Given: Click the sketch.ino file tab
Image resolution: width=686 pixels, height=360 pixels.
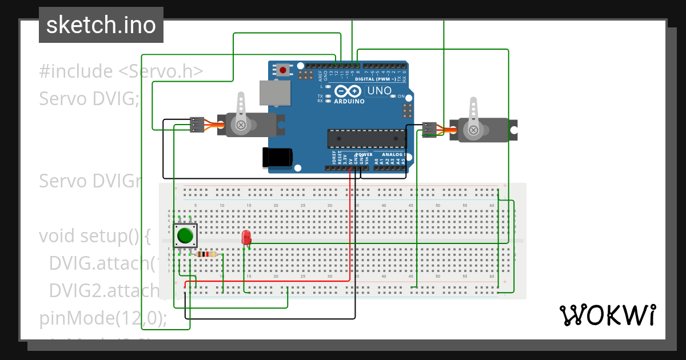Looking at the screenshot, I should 101,25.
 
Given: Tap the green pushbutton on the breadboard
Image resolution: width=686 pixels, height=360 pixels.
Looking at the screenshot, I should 185,235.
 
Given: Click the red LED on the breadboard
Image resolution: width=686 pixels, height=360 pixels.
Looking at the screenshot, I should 246,237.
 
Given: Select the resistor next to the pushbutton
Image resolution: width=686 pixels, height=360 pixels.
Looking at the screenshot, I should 206,254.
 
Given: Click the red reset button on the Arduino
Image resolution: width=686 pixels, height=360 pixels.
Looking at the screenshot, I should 283,70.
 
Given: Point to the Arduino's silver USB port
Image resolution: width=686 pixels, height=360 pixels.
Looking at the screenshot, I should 275,93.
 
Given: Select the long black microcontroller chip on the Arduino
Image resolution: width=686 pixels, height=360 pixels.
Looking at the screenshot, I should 366,139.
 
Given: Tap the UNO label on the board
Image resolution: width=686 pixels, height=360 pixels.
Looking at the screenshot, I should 379,91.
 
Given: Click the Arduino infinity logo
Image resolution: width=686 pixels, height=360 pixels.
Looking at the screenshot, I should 348,91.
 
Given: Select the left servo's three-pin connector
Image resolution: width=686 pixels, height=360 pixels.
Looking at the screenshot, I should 197,125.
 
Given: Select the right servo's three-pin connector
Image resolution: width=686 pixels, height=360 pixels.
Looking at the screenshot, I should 429,130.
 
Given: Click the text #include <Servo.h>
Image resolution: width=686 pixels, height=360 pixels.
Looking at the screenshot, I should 121,71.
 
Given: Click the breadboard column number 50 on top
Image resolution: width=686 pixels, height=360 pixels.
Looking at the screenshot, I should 438,205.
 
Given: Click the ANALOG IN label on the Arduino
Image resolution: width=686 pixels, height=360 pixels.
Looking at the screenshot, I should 393,155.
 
